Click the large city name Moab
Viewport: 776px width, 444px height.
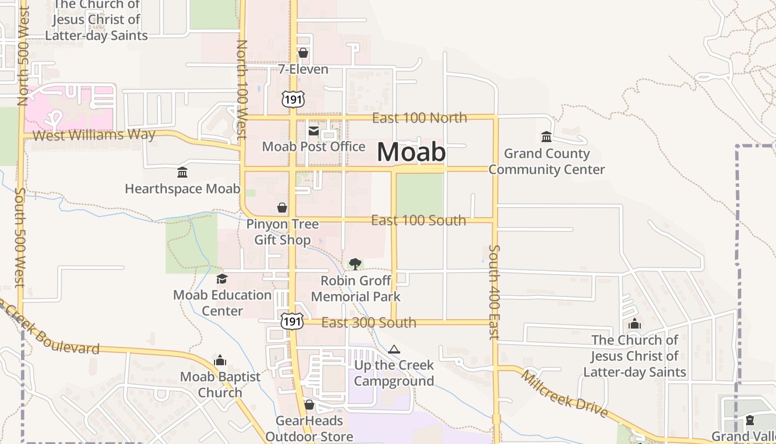click(411, 152)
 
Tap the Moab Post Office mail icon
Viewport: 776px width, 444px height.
click(313, 131)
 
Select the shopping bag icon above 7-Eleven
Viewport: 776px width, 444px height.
click(303, 53)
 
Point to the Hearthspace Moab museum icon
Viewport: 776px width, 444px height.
click(182, 173)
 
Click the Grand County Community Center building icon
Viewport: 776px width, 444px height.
click(547, 137)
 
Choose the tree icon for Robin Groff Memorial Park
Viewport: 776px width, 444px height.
click(355, 264)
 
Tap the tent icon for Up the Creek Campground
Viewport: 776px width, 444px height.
click(394, 349)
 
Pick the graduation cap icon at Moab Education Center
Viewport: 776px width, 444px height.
click(222, 279)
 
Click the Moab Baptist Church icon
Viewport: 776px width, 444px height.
click(220, 361)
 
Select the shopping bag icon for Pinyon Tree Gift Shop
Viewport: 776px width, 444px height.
click(282, 208)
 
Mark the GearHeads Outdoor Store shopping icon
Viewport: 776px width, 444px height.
click(309, 405)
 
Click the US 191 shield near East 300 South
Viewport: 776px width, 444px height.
click(292, 321)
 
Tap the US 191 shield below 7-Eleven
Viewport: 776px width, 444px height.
click(292, 99)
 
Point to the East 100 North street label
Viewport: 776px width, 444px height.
click(419, 118)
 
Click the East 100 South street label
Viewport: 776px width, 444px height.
click(418, 220)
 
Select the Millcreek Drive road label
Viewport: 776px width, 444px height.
click(564, 394)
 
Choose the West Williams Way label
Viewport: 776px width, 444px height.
click(94, 135)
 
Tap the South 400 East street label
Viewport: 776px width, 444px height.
click(494, 292)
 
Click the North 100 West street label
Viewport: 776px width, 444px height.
click(242, 89)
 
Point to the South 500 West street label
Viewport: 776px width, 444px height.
click(21, 237)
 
